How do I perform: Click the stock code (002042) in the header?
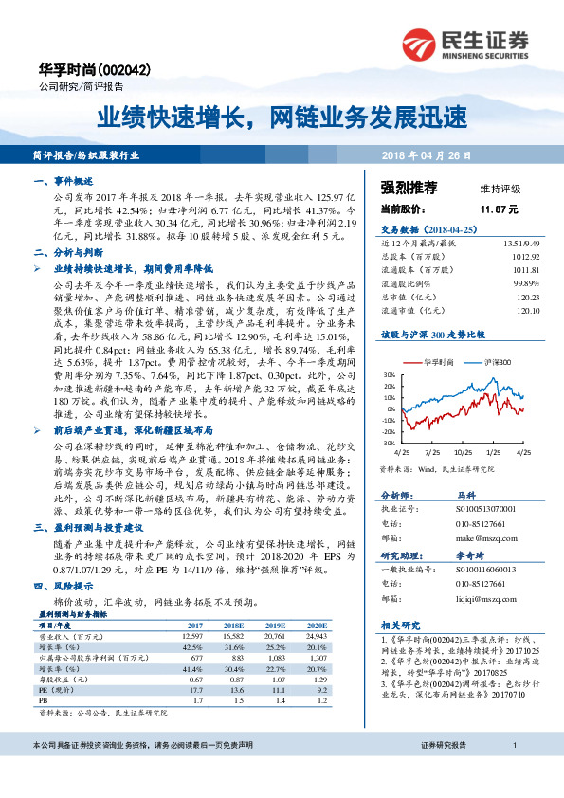pos(126,71)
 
